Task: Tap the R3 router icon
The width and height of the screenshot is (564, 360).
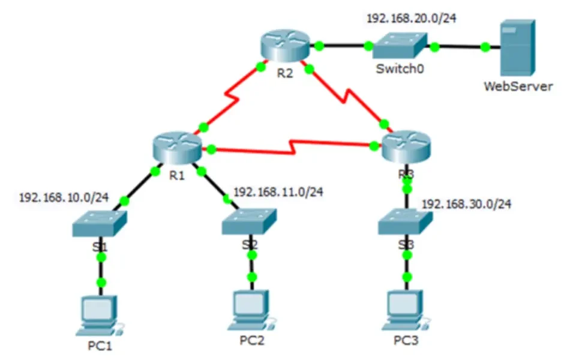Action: pos(407,146)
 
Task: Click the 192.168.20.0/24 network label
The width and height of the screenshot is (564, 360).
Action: pos(412,18)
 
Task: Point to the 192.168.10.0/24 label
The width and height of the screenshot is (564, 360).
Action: pos(64,197)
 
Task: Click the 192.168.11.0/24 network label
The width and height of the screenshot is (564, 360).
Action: pos(278,192)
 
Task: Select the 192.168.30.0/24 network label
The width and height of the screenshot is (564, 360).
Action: pos(466,204)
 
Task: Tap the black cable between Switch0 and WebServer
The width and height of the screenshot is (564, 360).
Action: pos(459,46)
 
